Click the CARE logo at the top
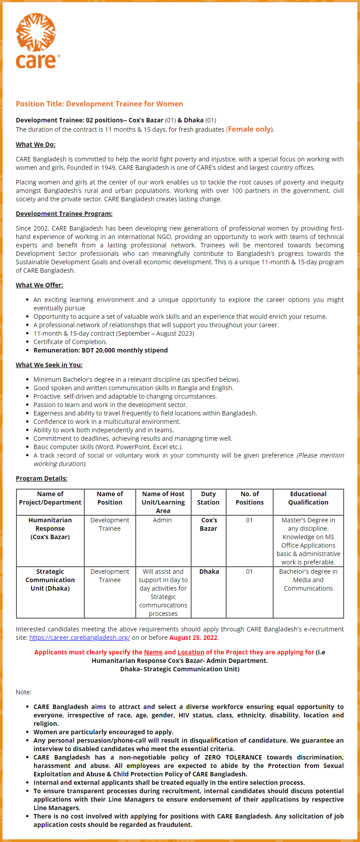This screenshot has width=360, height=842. click(36, 41)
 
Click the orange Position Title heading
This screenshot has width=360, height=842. click(99, 104)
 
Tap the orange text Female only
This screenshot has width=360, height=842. click(249, 129)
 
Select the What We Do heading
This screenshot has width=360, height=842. click(35, 145)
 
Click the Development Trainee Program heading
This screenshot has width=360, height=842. click(64, 214)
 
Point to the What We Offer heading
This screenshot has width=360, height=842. click(39, 285)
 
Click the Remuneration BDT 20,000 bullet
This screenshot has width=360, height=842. click(101, 350)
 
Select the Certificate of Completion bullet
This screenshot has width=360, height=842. click(70, 342)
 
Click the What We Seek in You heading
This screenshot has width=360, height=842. click(49, 365)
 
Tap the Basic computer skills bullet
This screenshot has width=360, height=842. click(108, 447)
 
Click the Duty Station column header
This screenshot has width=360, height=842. click(208, 498)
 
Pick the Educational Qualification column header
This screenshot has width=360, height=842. click(308, 498)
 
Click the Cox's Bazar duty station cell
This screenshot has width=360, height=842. click(208, 525)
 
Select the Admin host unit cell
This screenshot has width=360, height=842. click(162, 520)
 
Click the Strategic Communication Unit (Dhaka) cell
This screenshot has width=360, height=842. click(50, 580)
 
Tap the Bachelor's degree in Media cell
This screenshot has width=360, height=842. click(308, 580)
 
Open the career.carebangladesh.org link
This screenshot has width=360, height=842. click(79, 638)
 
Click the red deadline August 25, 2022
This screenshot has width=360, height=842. click(193, 638)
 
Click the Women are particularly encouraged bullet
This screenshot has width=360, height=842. click(103, 732)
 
